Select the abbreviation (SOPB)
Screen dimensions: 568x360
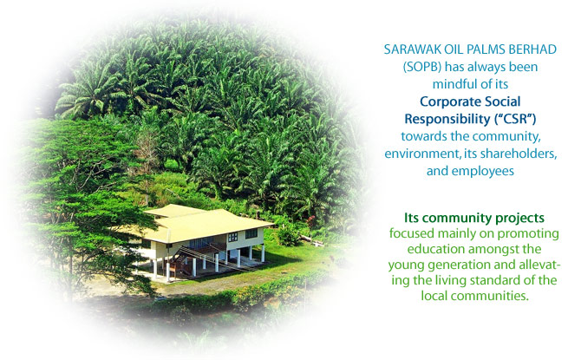421,67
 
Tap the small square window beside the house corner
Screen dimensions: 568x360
232,237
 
